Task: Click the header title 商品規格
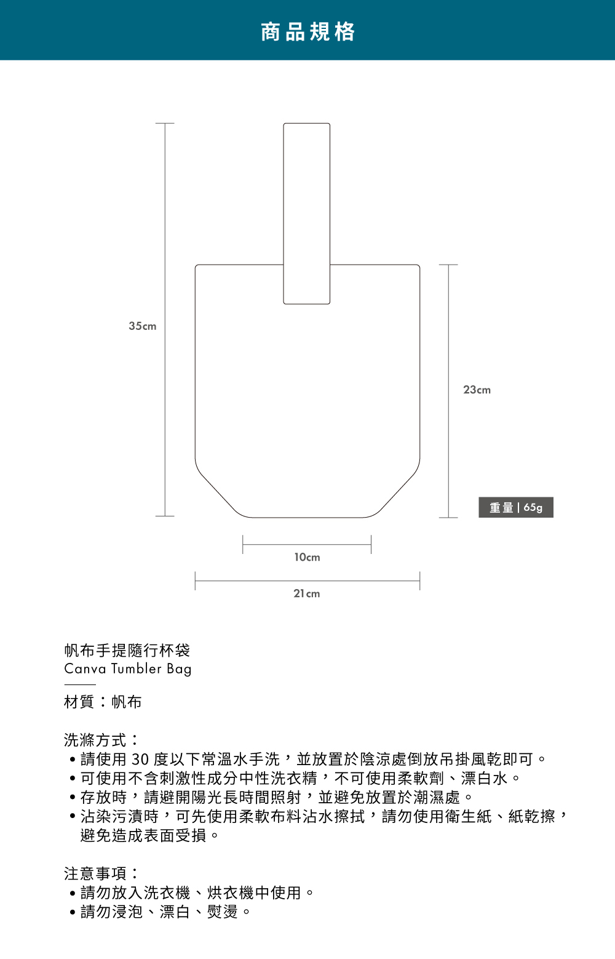(x=307, y=31)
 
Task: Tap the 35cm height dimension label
(x=142, y=326)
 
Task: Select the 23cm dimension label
(x=477, y=390)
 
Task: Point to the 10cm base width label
(x=307, y=557)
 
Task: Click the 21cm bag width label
(x=306, y=593)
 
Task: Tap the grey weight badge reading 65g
(x=515, y=507)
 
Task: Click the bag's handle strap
(x=306, y=203)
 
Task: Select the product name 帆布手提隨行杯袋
(x=127, y=650)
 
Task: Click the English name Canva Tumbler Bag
(x=128, y=668)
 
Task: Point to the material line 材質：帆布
(x=103, y=702)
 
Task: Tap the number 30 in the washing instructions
(x=140, y=760)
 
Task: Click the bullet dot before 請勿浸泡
(x=73, y=912)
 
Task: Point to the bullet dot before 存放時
(x=73, y=798)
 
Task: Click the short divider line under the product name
(x=80, y=684)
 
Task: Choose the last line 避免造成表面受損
(x=143, y=835)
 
